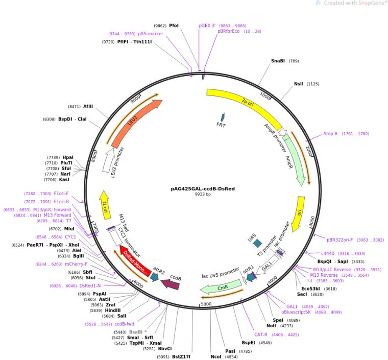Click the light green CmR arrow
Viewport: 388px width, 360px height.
point(221,287)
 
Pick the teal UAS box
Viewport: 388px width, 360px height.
point(257,244)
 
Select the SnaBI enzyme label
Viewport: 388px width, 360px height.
point(278,61)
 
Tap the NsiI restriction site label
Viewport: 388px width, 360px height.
point(299,84)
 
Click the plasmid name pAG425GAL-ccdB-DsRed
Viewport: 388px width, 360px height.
point(203,188)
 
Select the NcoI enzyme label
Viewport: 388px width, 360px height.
point(216,356)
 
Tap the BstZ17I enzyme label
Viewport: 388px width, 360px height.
point(181,356)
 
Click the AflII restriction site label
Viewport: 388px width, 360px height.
point(88,106)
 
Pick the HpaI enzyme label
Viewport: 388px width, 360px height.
point(68,157)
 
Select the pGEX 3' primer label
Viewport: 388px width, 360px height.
point(207,25)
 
